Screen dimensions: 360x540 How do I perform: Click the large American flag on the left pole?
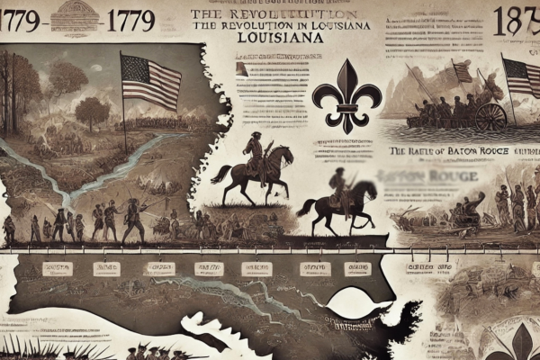coord(151,81)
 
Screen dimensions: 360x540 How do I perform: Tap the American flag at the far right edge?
coord(522,79)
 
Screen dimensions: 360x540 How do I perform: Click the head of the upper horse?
coord(286,155)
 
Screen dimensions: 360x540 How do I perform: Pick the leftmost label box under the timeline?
coord(57,268)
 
